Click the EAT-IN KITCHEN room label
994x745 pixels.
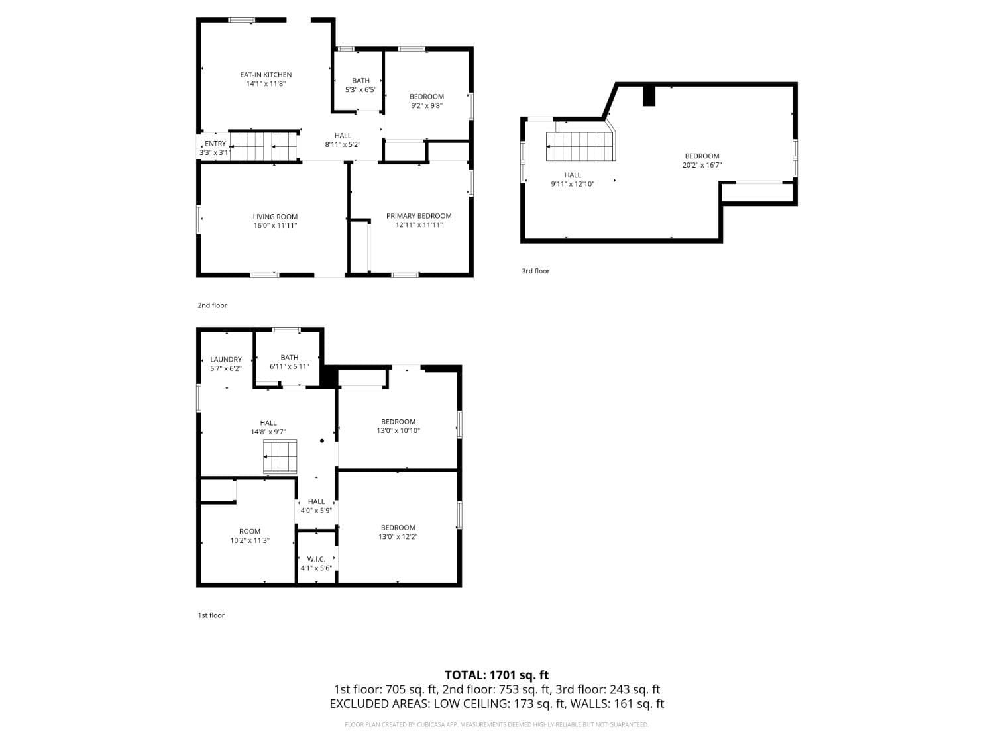pos(265,75)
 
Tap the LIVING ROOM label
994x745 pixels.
pos(275,217)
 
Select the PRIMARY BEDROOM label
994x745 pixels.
pos(419,216)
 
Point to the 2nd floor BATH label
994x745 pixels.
pos(360,81)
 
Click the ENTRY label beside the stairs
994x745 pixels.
pos(215,144)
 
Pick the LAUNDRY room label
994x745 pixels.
pos(226,360)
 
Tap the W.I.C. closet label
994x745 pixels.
pos(316,559)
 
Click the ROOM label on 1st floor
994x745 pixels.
pos(250,531)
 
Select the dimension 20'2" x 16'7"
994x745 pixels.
pos(702,166)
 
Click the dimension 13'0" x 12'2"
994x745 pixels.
pos(398,537)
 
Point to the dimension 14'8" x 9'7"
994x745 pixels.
pos(268,432)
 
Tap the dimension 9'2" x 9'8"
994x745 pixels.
pos(426,105)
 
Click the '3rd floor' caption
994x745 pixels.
pos(535,271)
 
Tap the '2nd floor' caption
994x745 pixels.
pos(212,305)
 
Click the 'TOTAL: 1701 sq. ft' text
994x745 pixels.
pos(496,675)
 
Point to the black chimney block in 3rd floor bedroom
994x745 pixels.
pos(649,96)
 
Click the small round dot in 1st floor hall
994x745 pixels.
pos(322,440)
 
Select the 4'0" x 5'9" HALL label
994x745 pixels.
pos(316,506)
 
